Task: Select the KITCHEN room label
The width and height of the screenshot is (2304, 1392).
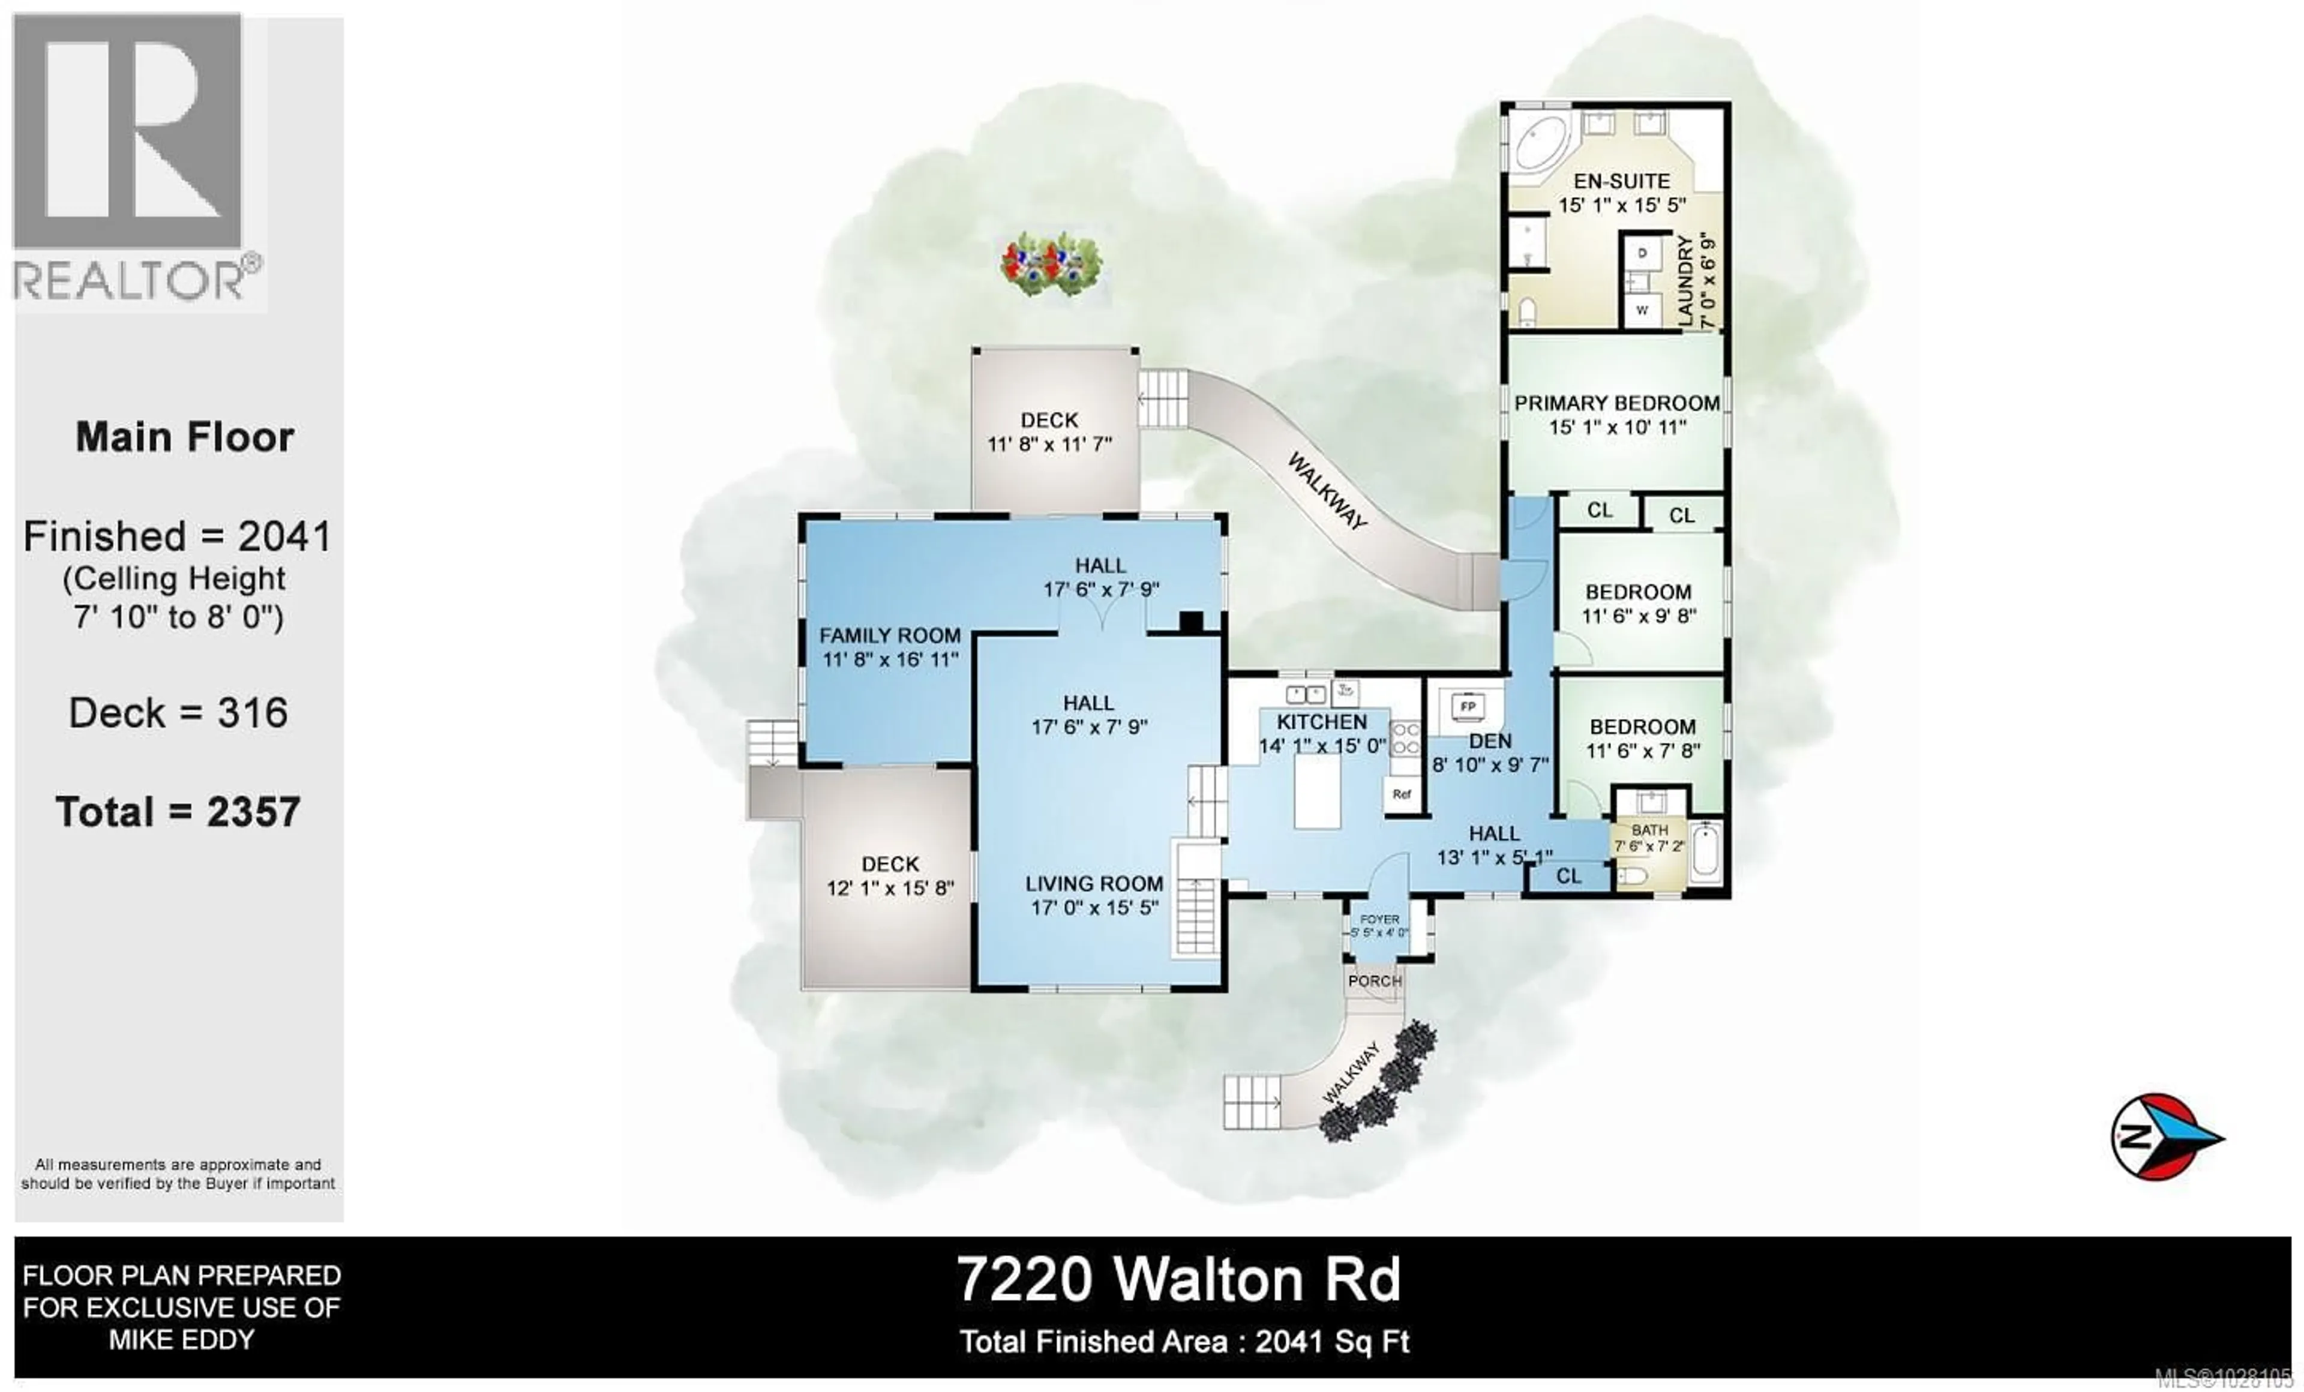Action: (x=1321, y=722)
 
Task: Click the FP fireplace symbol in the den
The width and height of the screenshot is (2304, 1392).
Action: (x=1467, y=707)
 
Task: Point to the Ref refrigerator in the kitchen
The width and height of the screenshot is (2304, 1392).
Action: (x=1401, y=794)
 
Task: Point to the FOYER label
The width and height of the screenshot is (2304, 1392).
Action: (x=1379, y=920)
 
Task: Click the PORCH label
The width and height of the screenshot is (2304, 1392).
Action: (x=1375, y=980)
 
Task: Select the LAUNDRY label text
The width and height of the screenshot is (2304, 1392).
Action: (x=1685, y=280)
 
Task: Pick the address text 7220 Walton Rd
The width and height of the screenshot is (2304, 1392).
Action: (x=1178, y=1280)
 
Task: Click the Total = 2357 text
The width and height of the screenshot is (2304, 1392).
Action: (x=178, y=811)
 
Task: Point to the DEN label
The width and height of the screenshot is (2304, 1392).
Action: (x=1490, y=740)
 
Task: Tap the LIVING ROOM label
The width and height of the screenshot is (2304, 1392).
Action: (x=1094, y=883)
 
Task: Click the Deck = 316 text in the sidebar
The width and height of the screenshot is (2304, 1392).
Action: (x=178, y=713)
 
